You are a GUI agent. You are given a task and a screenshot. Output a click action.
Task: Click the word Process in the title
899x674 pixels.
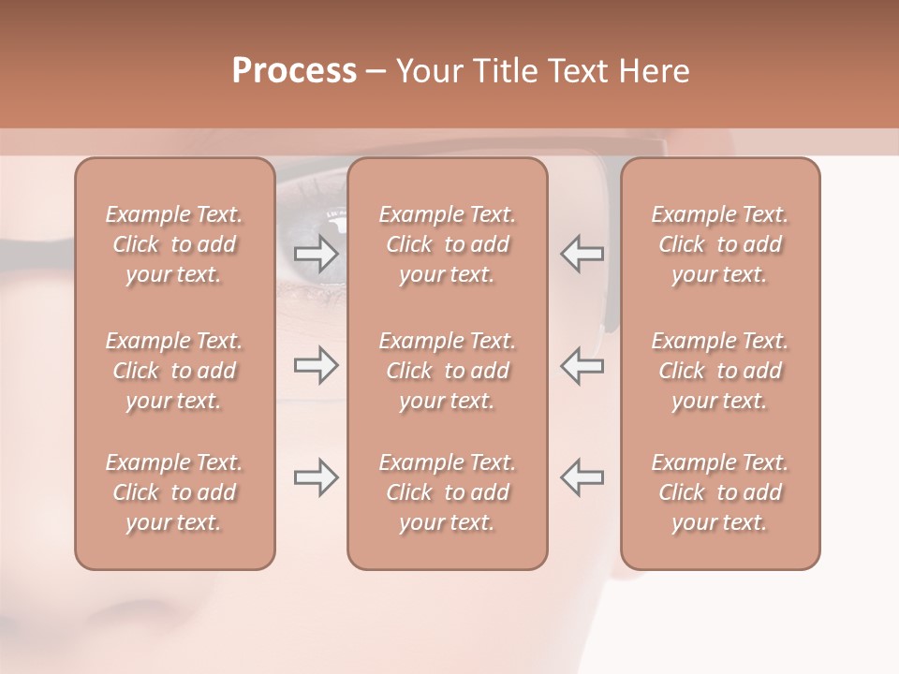(x=294, y=71)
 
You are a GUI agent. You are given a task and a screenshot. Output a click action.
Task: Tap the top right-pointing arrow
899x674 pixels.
(x=317, y=254)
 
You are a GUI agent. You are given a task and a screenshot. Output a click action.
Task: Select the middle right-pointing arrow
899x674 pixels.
(x=317, y=365)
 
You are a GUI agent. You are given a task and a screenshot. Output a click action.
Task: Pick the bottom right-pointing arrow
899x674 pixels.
(x=317, y=477)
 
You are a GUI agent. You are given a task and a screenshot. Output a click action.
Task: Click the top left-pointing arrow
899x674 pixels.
(x=582, y=254)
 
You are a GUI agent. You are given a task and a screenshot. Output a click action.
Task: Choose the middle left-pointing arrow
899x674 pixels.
(x=582, y=365)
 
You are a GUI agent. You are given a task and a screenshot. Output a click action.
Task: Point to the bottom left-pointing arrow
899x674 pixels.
(x=582, y=477)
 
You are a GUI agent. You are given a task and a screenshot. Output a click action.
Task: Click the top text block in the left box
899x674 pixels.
(x=174, y=244)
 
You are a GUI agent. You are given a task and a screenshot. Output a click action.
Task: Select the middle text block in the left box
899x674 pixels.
(x=174, y=371)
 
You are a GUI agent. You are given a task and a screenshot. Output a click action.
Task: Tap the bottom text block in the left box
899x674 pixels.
(x=174, y=492)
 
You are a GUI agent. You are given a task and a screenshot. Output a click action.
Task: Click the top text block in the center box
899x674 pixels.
(x=447, y=244)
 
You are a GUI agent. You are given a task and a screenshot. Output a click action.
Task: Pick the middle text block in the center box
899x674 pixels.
(x=447, y=371)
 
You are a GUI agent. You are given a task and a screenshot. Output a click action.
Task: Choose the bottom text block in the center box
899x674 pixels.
(x=447, y=492)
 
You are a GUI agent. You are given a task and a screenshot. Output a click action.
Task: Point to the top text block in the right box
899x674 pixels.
(x=719, y=244)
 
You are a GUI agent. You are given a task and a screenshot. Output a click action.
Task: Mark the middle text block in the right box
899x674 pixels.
(x=719, y=371)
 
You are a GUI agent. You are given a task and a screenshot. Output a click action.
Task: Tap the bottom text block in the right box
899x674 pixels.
(x=719, y=492)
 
